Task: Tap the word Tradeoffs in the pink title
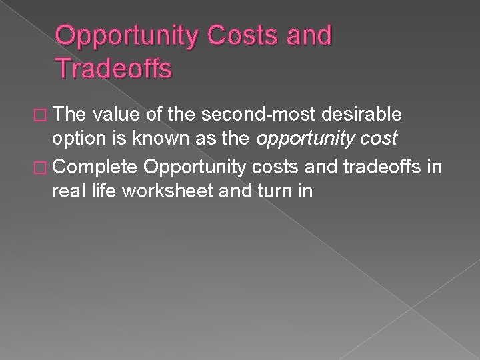tap(114, 67)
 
